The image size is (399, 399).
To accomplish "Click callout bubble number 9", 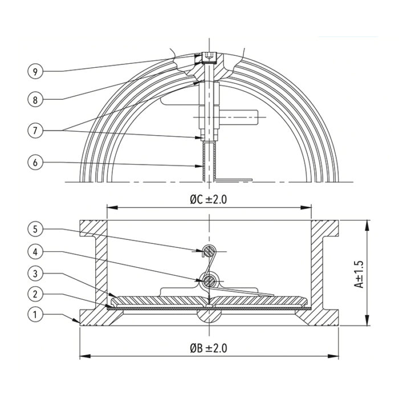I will [x=35, y=71].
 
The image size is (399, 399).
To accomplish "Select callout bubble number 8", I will [x=35, y=99].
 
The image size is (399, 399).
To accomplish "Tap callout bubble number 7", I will [x=35, y=129].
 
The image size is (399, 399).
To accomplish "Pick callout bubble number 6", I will [x=35, y=162].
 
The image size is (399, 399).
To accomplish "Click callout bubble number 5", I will [x=35, y=229].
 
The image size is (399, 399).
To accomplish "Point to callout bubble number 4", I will [x=35, y=251].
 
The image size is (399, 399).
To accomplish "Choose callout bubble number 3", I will [x=35, y=273].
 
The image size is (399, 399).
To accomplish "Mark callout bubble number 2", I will [x=35, y=294].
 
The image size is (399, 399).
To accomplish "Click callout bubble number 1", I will [x=35, y=314].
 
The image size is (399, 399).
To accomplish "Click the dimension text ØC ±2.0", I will [x=210, y=200].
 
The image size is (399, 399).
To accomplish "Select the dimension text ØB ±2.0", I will [x=210, y=347].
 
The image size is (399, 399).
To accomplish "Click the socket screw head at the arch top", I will [x=209, y=58].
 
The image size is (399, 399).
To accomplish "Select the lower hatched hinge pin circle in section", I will [x=210, y=279].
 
